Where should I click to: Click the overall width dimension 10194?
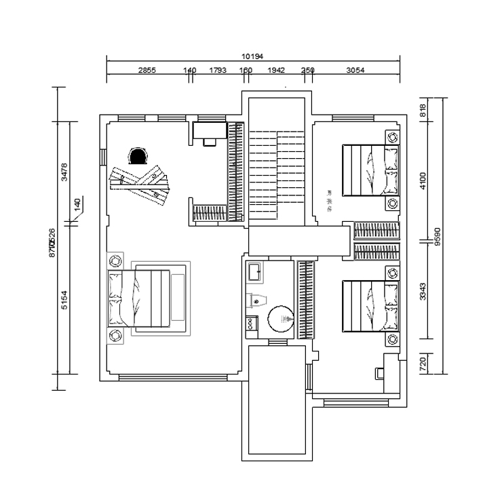point(252,56)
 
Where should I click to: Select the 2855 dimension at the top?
point(147,70)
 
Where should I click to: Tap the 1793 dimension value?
point(217,70)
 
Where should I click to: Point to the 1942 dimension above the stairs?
point(276,70)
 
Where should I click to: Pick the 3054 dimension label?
point(355,70)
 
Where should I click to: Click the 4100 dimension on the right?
point(423,180)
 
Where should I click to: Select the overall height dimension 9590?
point(438,235)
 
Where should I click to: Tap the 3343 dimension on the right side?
point(423,292)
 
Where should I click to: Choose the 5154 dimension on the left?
point(64,299)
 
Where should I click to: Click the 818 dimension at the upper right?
point(423,110)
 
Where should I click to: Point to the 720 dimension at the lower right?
point(423,363)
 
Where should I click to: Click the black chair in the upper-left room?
point(138,157)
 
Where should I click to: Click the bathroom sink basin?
point(255,272)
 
